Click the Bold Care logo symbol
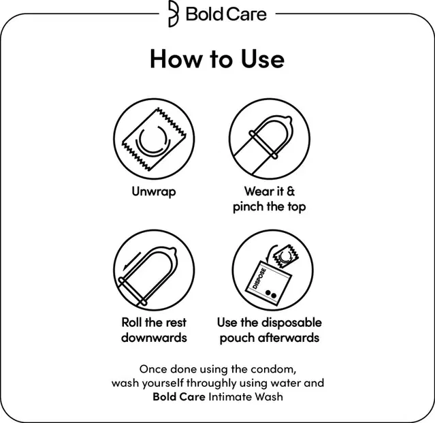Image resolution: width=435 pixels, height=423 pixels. coord(174,14)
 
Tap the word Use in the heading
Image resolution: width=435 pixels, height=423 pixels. coord(263,59)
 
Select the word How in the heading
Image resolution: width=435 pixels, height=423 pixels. coord(176,59)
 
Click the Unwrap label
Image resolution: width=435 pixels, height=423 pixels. coord(154,191)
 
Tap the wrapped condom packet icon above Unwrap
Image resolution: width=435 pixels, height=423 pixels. coord(155,139)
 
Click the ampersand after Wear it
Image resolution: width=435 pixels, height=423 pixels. coord(291,191)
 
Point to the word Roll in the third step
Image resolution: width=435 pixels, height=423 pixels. coord(131,322)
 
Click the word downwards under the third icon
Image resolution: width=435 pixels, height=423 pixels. coord(154,337)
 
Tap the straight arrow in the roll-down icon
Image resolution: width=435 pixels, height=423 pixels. coord(132,261)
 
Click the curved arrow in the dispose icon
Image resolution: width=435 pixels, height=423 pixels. coord(270,253)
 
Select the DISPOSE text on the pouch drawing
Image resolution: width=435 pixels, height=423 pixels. coord(259,279)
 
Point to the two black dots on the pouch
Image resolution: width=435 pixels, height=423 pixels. coord(271,294)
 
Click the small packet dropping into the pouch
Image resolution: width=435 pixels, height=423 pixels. coord(285,256)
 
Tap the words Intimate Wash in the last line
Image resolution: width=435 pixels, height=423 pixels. coord(246,396)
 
